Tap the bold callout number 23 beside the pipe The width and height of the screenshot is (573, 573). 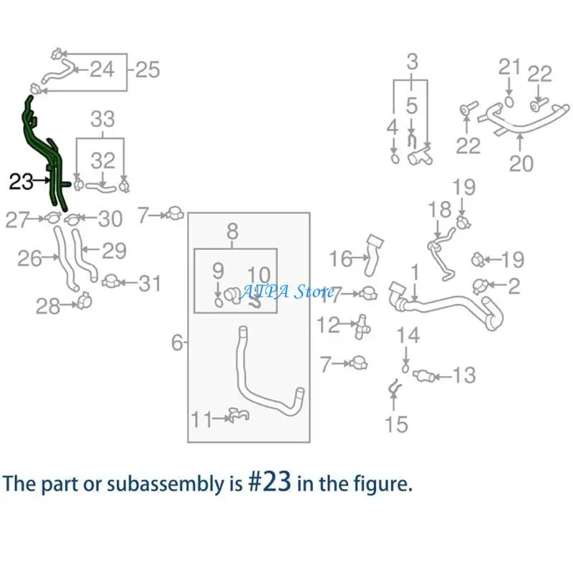[x=21, y=182]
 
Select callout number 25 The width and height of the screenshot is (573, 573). [x=148, y=69]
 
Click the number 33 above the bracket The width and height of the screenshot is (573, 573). [x=102, y=119]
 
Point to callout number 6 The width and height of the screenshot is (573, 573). [x=177, y=342]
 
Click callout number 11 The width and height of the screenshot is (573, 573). [x=202, y=419]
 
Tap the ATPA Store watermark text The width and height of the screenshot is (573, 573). [x=286, y=292]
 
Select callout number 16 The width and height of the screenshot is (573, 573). [x=341, y=259]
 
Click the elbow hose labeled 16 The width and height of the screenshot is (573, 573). [x=372, y=256]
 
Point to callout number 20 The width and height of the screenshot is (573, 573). [x=521, y=163]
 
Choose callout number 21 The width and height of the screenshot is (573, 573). [x=509, y=67]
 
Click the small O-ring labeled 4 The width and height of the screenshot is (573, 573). [x=395, y=158]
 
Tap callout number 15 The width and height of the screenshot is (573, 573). [x=397, y=424]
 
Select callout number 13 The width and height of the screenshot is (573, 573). [x=464, y=375]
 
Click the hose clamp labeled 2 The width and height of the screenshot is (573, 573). [x=481, y=285]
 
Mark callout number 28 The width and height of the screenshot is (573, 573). [x=48, y=307]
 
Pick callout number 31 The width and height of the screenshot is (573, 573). [x=150, y=284]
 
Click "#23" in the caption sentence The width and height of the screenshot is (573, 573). [x=270, y=481]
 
